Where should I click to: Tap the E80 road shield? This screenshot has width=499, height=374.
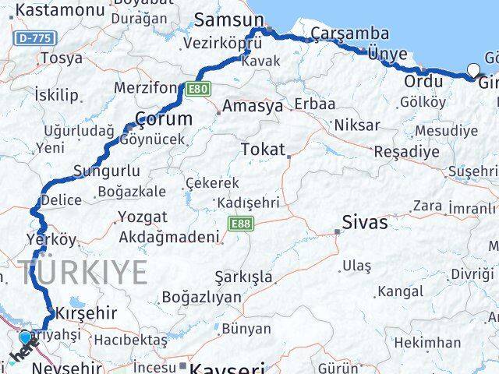click(198, 89)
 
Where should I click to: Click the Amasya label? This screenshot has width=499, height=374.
click(253, 107)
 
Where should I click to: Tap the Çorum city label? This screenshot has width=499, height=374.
click(164, 118)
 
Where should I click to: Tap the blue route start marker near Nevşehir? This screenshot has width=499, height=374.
click(26, 337)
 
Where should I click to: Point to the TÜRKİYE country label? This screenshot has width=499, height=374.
click(84, 273)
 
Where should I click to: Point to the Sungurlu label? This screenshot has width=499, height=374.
click(107, 171)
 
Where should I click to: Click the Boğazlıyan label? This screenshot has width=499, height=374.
click(201, 296)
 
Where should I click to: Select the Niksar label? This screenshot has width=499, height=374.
click(357, 125)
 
